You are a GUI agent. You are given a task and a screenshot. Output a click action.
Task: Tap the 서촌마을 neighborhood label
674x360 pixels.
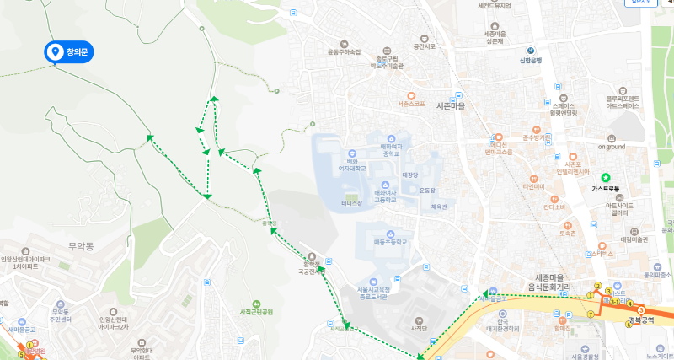451,106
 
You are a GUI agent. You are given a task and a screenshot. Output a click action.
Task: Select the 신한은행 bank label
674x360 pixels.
529,60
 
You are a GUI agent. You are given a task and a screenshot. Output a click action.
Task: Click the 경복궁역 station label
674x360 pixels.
645,321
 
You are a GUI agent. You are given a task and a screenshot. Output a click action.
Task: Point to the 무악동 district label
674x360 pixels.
82,246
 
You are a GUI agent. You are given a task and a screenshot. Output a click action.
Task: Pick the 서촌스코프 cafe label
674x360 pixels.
410,105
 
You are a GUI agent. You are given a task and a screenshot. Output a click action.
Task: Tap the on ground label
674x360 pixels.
612,147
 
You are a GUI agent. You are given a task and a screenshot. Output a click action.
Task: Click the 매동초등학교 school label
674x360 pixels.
391,242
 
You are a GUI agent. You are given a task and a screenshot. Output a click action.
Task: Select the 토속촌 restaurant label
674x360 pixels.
567,233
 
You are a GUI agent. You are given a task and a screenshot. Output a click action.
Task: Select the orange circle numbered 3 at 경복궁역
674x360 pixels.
640,309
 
